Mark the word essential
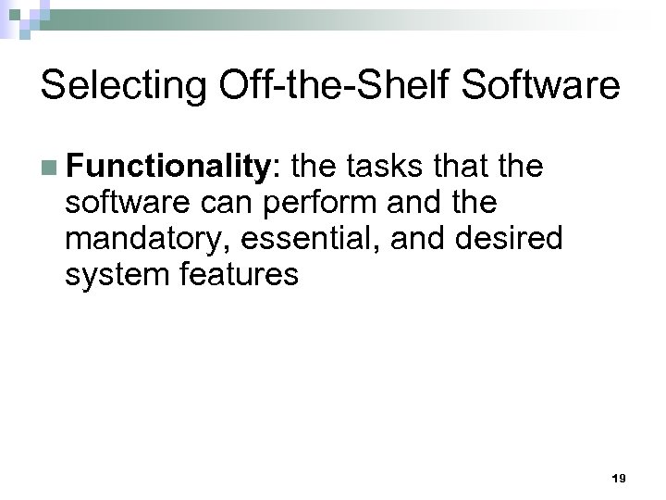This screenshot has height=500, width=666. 311,239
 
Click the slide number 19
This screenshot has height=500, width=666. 619,479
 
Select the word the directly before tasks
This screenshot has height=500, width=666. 318,168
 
